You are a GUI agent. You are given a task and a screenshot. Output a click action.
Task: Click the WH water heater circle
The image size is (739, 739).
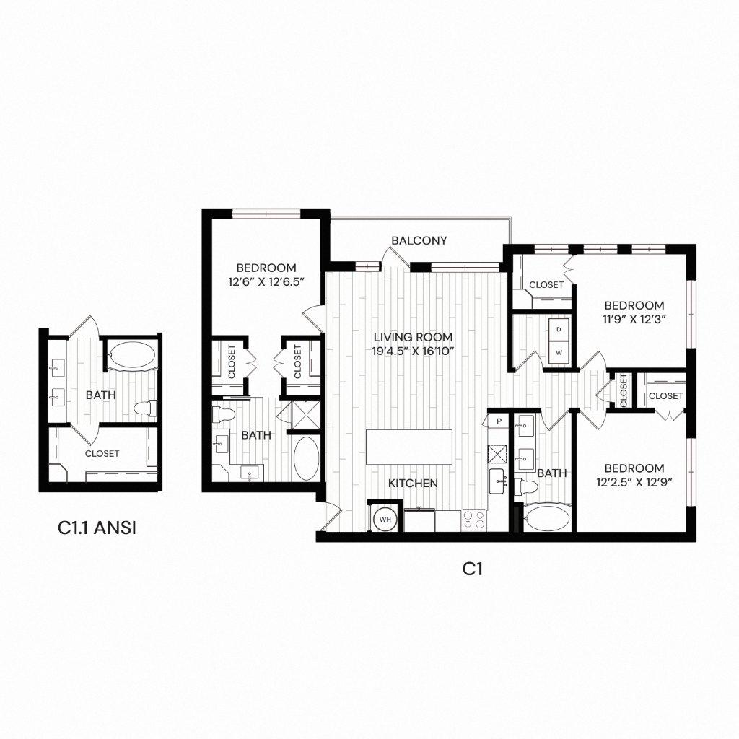[x=384, y=519]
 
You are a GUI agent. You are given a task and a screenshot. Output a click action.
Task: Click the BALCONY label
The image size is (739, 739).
[x=419, y=240]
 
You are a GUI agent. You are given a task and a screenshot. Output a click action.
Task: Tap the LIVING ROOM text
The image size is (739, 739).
[x=413, y=337]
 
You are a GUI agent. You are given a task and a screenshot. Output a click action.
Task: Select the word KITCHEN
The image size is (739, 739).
[x=413, y=483]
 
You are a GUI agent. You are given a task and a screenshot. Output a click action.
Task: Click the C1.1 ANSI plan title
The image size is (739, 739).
[x=97, y=528]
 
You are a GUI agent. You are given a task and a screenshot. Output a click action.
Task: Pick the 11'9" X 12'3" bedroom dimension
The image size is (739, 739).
[x=634, y=318]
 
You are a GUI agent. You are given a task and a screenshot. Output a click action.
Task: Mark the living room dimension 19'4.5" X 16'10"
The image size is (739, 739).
[x=413, y=351]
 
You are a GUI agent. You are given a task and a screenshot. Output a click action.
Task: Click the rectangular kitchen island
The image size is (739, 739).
[x=410, y=447]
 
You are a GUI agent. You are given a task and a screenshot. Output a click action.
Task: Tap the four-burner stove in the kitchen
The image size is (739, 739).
[x=475, y=520]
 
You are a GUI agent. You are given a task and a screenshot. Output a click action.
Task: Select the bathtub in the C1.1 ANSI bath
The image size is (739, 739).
[x=131, y=356]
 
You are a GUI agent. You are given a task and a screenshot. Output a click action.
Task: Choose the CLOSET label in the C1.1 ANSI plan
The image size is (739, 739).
[x=102, y=454]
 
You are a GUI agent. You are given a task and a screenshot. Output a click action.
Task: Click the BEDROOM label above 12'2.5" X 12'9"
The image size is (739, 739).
[x=634, y=467]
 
